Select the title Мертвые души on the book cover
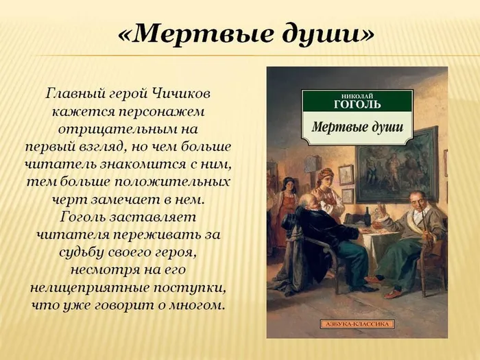[x=357, y=128]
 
